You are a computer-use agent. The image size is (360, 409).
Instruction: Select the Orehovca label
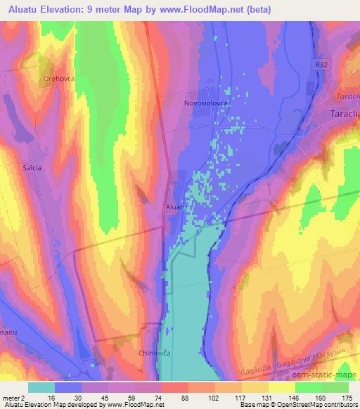58,79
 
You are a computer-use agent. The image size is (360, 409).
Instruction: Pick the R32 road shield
321,62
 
